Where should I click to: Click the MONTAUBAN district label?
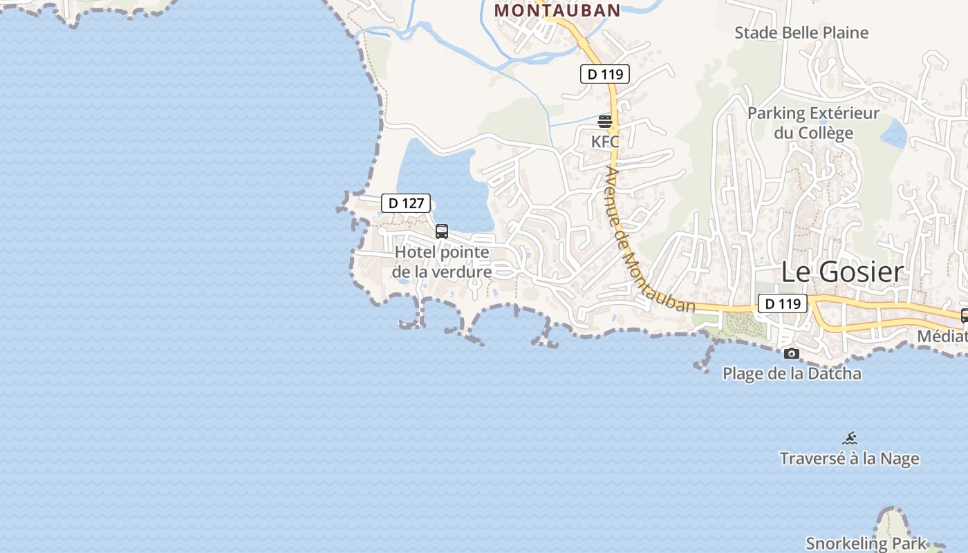tap(557, 10)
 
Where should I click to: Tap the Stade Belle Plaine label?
tap(801, 32)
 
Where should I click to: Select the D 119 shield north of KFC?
tap(604, 73)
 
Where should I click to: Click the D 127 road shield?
tap(406, 203)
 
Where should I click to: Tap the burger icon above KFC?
tap(605, 122)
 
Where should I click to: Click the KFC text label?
tap(605, 141)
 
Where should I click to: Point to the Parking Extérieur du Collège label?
tap(813, 122)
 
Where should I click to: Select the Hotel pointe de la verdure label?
tap(442, 262)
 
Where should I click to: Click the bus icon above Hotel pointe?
tap(442, 232)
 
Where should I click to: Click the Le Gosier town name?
tap(842, 272)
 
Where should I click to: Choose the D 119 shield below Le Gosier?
tap(782, 303)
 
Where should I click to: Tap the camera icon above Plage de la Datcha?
tap(792, 354)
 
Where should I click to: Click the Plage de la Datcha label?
tap(792, 374)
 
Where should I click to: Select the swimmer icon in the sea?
tap(850, 438)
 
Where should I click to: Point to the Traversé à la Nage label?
tap(849, 459)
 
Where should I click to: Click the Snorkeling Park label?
tap(866, 543)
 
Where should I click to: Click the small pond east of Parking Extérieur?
tap(895, 133)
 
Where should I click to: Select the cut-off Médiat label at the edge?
tap(942, 337)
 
